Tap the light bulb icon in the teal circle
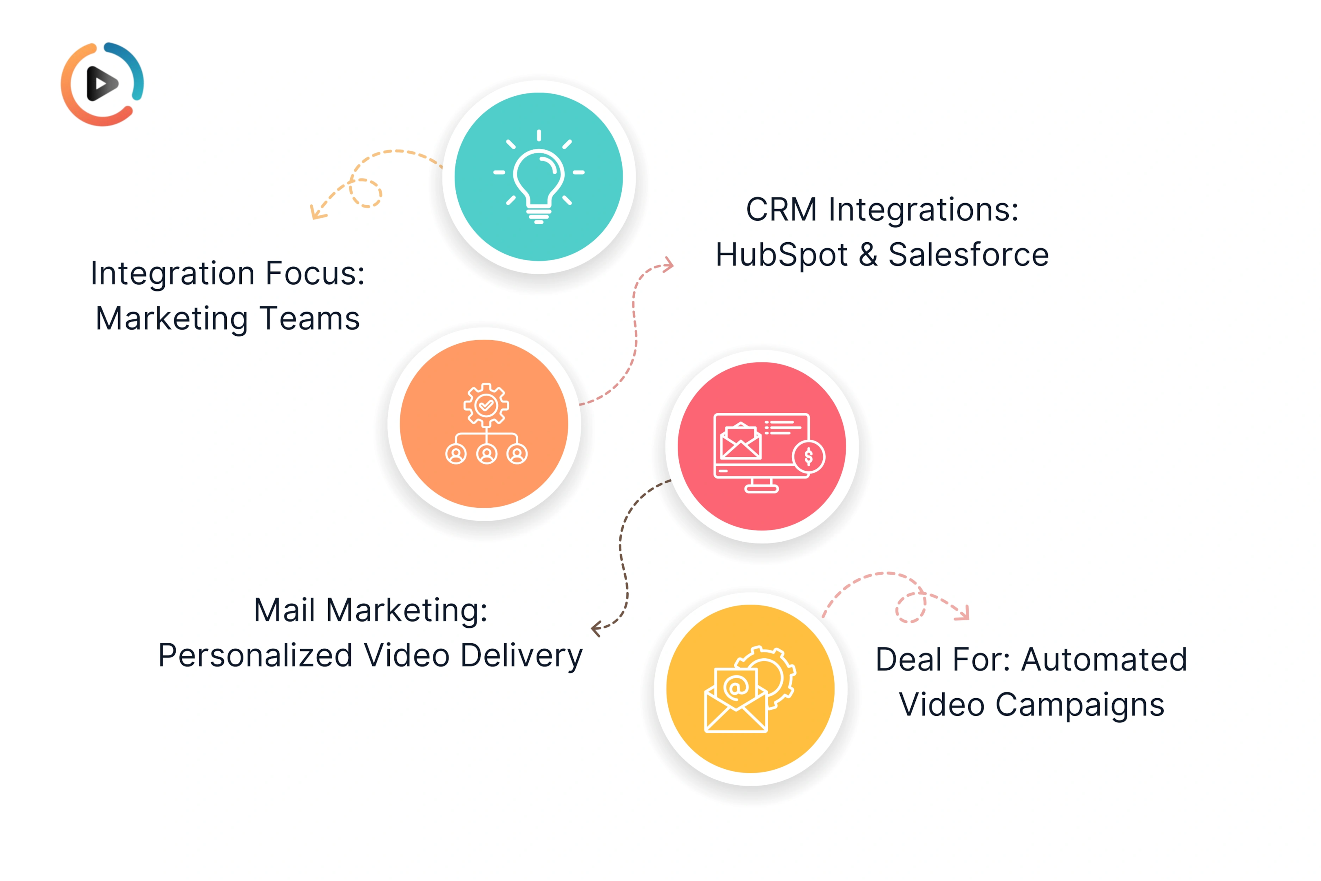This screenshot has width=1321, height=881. coord(539,177)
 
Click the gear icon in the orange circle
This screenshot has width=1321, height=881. coord(486,405)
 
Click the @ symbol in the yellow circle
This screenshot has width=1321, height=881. coord(736,686)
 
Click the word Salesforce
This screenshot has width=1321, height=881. coord(968,255)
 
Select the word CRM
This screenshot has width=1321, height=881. coord(781,210)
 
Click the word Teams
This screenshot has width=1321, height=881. coord(309,319)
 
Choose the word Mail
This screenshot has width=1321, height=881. coord(284,610)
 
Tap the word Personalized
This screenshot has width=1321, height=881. coord(256,656)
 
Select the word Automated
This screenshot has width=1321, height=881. coord(1104,659)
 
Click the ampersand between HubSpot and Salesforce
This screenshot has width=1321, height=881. coord(868,255)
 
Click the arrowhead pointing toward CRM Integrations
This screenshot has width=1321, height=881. coord(668,265)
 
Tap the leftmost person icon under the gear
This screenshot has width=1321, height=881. coord(456,454)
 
